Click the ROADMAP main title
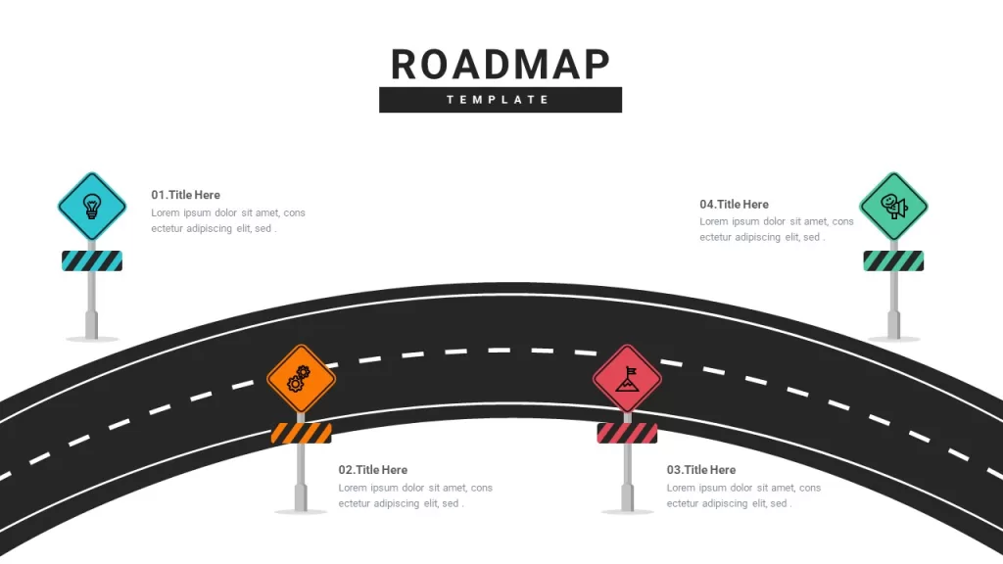tap(501, 65)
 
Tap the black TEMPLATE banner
tap(501, 100)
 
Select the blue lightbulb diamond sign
tap(92, 207)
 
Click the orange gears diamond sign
tap(302, 379)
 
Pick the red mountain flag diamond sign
tap(627, 379)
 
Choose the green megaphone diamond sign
tap(893, 207)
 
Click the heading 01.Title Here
tap(185, 195)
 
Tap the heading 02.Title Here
tap(373, 470)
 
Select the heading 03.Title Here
tap(701, 470)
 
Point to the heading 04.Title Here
tap(734, 205)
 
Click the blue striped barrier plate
tap(92, 260)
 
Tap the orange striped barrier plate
tap(302, 433)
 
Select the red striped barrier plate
tap(627, 433)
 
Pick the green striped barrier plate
tap(893, 260)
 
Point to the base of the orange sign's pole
tap(302, 498)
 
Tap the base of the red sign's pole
tap(627, 498)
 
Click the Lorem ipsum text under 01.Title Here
tap(228, 220)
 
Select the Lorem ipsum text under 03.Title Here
tap(744, 495)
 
